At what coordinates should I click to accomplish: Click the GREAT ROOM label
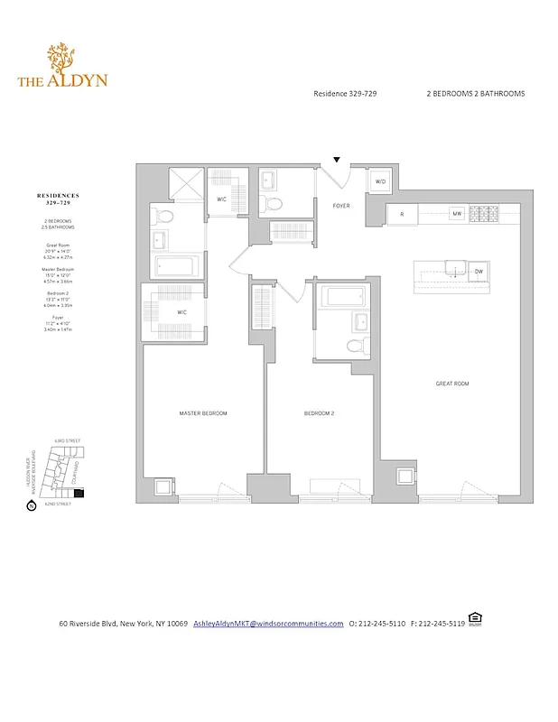point(452,384)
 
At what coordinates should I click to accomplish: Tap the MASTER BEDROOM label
point(202,413)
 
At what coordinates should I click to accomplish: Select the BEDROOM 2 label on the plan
point(319,413)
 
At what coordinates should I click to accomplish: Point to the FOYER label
point(341,205)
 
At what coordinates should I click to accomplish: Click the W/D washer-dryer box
point(378,182)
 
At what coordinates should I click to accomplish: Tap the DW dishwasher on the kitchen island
point(479,271)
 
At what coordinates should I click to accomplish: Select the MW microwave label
point(458,214)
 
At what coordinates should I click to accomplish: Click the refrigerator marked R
point(401,214)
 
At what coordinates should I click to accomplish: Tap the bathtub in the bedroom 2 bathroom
point(340,296)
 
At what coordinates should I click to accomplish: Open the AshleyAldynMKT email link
point(268,624)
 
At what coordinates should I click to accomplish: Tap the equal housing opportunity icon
point(476,620)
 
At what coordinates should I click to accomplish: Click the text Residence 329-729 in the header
point(349,94)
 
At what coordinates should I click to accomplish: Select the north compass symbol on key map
point(33,506)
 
